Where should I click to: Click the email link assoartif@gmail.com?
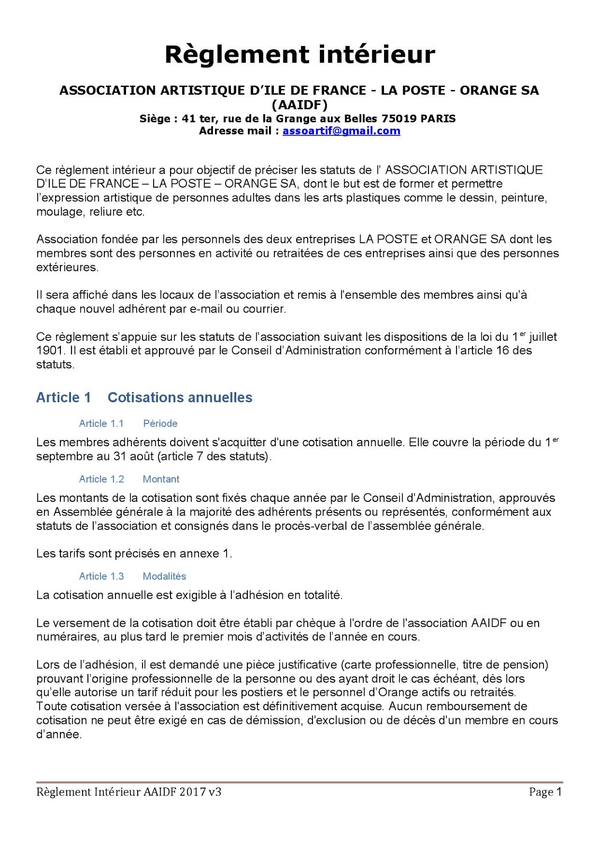click(341, 131)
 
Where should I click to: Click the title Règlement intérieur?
click(300, 55)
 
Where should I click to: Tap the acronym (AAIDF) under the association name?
click(299, 104)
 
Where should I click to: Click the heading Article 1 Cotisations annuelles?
click(144, 397)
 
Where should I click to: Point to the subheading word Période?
click(160, 423)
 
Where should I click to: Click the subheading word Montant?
click(161, 479)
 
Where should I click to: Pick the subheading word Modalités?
click(164, 576)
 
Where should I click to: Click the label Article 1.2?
click(101, 479)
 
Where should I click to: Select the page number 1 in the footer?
click(558, 792)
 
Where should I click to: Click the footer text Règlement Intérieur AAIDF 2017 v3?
click(129, 792)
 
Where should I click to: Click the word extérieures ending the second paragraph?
click(67, 267)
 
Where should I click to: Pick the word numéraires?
click(67, 637)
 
